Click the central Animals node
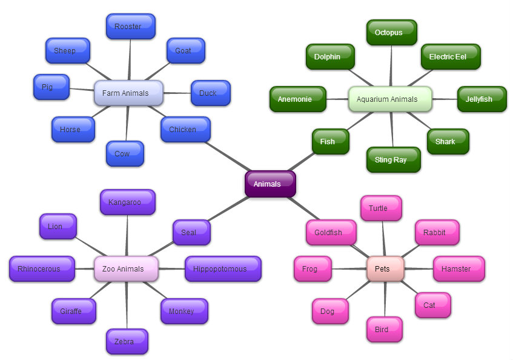tap(270, 184)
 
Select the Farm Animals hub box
tap(128, 93)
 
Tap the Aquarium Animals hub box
tap(390, 99)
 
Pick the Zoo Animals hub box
tap(126, 268)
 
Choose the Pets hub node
tap(385, 268)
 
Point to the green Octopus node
tap(391, 33)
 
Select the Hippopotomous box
tap(223, 268)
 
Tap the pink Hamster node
tap(458, 268)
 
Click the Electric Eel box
tap(451, 56)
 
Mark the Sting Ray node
tap(393, 159)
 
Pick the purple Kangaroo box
tap(128, 202)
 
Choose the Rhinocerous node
tap(42, 268)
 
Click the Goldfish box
tap(331, 232)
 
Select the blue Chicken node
tap(185, 129)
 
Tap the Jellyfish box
tap(482, 99)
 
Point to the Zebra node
tap(127, 341)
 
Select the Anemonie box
tap(297, 99)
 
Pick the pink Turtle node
tap(381, 208)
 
